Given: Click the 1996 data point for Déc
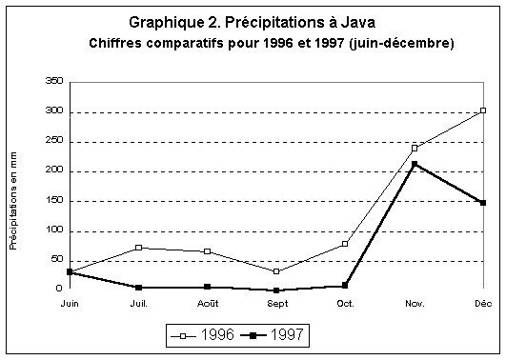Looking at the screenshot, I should (483, 110).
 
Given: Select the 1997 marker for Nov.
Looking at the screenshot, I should (415, 164).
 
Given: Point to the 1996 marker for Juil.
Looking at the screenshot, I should (139, 248).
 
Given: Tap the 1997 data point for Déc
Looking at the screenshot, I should (483, 202).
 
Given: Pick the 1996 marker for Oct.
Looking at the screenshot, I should (345, 244).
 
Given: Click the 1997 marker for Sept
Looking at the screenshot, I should (276, 290).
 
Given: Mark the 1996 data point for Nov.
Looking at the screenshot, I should (415, 148).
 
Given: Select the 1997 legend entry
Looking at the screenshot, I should (275, 334).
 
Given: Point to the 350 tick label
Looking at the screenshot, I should (54, 82).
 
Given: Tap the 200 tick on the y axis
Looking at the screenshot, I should (54, 171).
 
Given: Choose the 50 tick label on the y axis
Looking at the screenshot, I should (57, 260).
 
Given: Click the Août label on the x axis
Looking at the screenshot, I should (208, 303).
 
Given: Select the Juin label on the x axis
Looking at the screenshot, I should (70, 303).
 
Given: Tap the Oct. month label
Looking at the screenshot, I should (345, 303).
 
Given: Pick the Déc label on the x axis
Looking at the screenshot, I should (482, 303).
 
